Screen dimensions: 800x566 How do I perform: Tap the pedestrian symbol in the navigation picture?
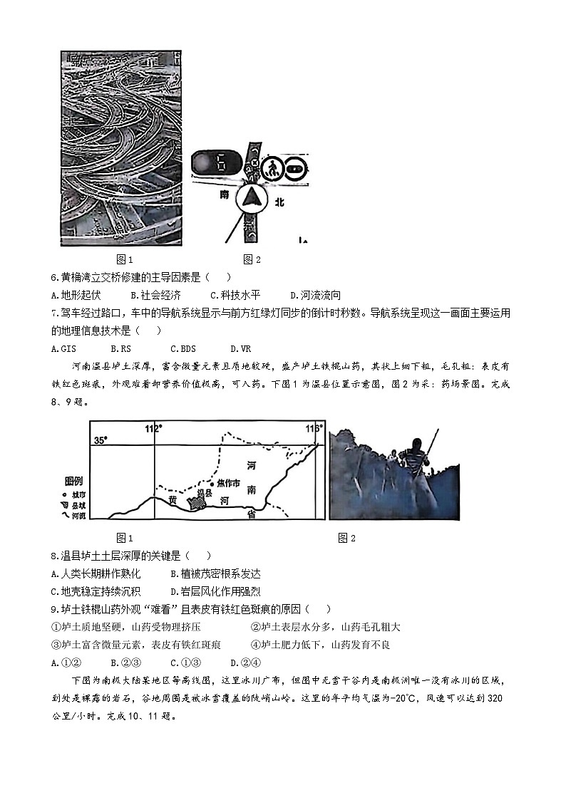click(x=271, y=169)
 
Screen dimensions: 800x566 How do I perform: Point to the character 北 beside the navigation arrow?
click(x=279, y=202)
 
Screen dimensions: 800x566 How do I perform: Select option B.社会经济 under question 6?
click(x=156, y=295)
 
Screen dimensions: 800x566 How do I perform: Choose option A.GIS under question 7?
click(x=64, y=348)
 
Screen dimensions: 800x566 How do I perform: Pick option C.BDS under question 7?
click(x=182, y=348)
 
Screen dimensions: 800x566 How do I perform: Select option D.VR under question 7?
click(x=240, y=348)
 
